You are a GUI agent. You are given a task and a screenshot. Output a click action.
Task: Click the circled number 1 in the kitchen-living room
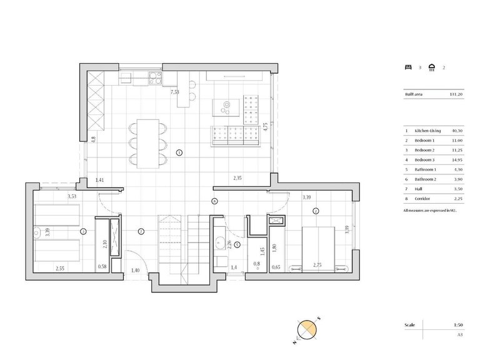179,152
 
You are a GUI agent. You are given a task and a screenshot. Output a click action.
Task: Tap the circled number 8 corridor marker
214,201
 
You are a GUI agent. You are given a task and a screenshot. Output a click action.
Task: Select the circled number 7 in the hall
142,231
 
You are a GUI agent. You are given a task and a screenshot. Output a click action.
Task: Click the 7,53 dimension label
176,92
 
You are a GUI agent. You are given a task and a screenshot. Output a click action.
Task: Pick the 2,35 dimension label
237,178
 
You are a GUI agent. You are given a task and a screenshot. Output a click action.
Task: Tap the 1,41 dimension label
99,181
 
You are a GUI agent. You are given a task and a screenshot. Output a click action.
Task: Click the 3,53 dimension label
73,197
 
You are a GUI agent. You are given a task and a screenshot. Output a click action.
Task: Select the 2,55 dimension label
60,268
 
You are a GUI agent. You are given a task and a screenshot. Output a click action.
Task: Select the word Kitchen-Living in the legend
428,131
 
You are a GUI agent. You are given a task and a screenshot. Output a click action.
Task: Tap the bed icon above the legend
408,67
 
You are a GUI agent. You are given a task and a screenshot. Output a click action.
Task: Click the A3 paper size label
461,334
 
